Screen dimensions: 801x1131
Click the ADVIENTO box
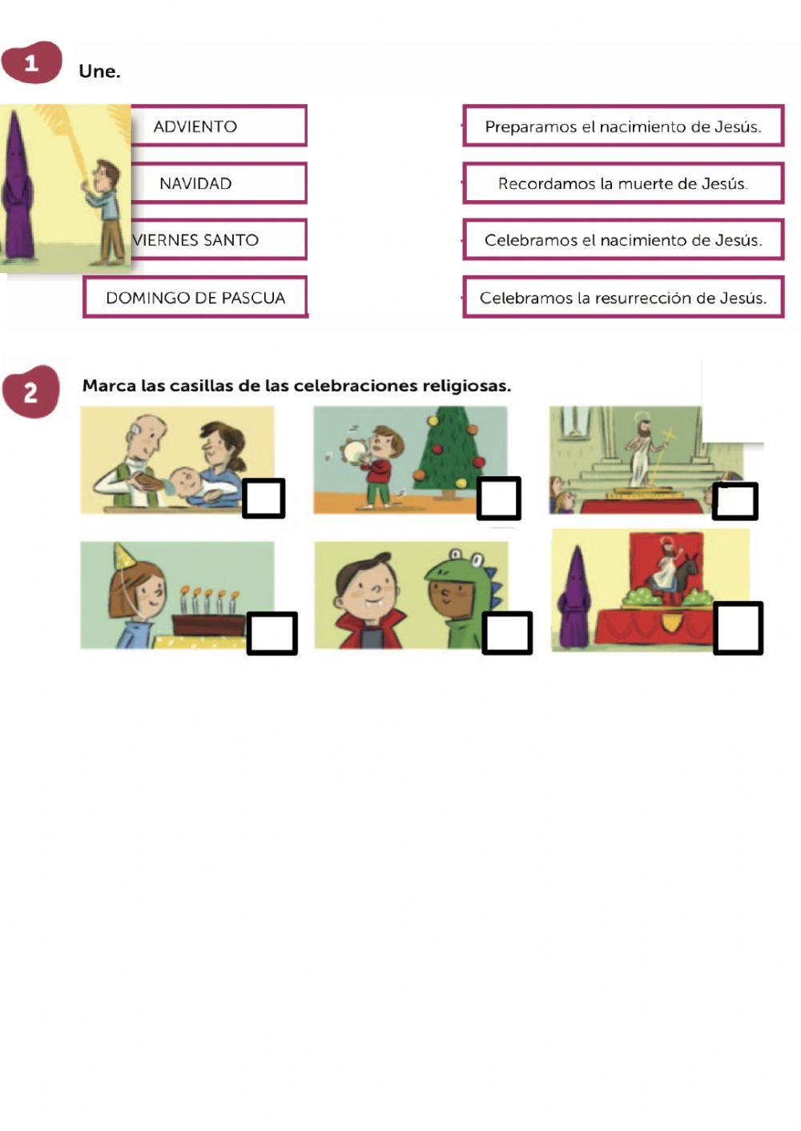pyautogui.click(x=219, y=126)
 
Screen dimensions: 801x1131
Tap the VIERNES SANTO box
pyautogui.click(x=219, y=240)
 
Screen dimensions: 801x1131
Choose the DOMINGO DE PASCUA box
pyautogui.click(x=195, y=298)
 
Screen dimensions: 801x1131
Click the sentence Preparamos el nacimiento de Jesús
pyautogui.click(x=623, y=126)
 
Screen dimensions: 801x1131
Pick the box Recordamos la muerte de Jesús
pyautogui.click(x=623, y=183)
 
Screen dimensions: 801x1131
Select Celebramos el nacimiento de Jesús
pyautogui.click(x=623, y=240)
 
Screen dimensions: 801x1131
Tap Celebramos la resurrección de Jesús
pyautogui.click(x=623, y=298)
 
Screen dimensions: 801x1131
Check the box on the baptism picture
pyautogui.click(x=264, y=499)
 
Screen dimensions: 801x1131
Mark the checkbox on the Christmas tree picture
pyautogui.click(x=499, y=499)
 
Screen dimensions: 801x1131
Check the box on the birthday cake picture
pyautogui.click(x=272, y=633)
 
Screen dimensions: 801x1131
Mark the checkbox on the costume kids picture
pyautogui.click(x=507, y=632)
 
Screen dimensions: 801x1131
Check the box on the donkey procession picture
pyautogui.click(x=738, y=628)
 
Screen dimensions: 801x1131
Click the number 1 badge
pyautogui.click(x=31, y=62)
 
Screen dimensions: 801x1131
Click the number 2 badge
pyautogui.click(x=30, y=392)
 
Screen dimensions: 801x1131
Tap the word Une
pyautogui.click(x=99, y=71)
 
